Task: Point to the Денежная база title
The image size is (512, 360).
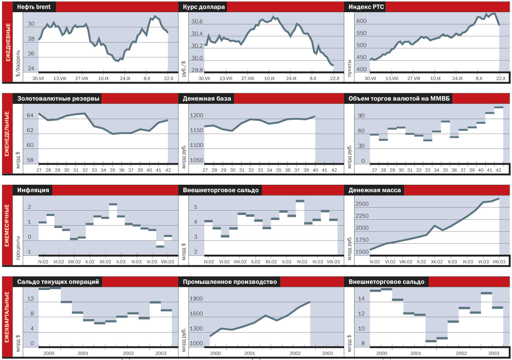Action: click(x=207, y=99)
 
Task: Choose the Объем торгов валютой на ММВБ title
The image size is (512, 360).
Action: click(x=398, y=99)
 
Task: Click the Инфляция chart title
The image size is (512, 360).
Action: click(x=33, y=190)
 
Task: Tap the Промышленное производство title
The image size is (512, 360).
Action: click(x=230, y=282)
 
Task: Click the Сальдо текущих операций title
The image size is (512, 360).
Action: click(x=58, y=282)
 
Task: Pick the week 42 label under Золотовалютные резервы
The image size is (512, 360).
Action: click(x=168, y=170)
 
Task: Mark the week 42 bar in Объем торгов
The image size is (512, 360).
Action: click(x=499, y=107)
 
